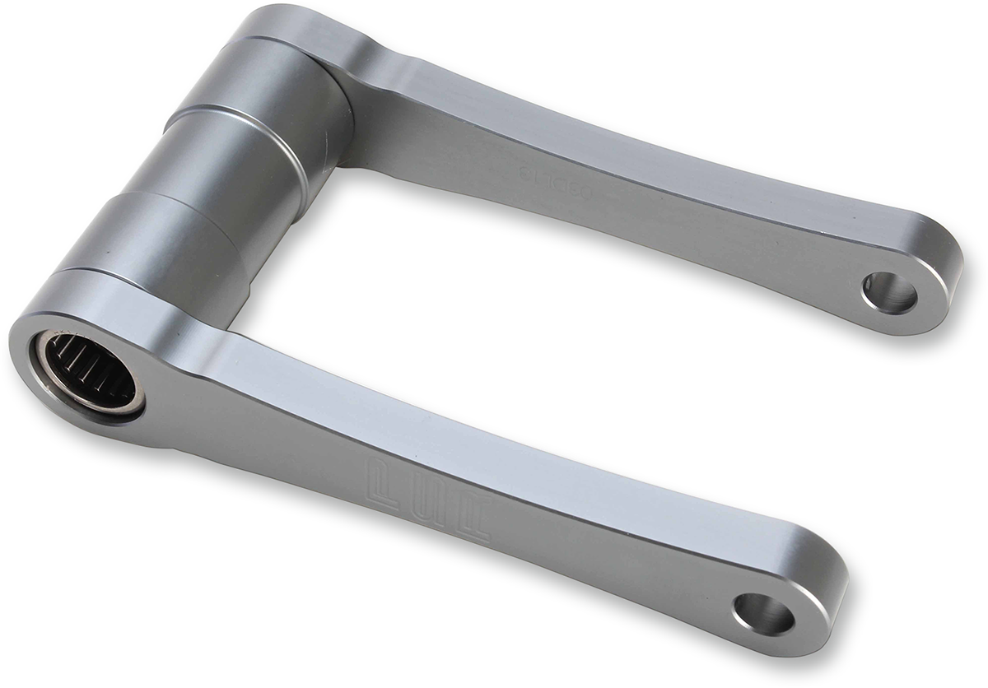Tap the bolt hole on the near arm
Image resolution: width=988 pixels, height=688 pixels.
click(x=764, y=613)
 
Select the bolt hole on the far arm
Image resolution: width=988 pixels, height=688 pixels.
click(x=889, y=292)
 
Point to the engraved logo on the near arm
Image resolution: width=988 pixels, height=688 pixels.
click(x=428, y=504)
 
